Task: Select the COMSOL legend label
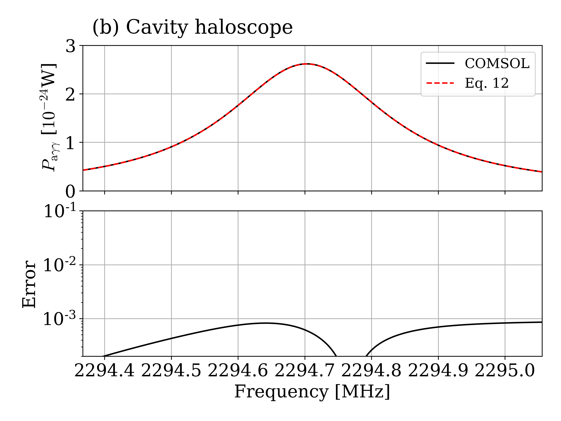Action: tap(497, 63)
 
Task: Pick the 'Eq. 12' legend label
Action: tap(487, 83)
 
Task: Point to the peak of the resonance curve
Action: tap(307, 64)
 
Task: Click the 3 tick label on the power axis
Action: tap(71, 47)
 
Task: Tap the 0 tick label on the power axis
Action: tap(71, 192)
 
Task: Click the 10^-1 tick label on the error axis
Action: tap(60, 211)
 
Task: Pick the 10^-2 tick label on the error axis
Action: tap(60, 265)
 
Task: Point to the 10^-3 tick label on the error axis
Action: tap(60, 319)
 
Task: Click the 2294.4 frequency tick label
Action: tap(104, 371)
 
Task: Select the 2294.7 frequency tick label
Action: tap(305, 371)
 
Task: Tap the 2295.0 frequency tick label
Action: tap(505, 371)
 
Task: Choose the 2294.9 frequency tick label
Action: tap(438, 371)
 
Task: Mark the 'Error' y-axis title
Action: tap(29, 284)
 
